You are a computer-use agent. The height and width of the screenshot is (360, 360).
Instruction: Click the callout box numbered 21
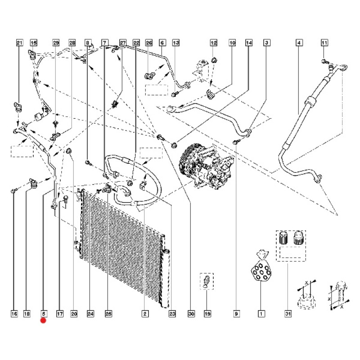point(20,43)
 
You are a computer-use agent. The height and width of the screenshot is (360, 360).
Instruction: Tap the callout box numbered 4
point(299,43)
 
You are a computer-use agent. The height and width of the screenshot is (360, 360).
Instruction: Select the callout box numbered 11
point(324,43)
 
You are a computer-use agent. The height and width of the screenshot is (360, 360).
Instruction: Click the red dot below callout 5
point(43,320)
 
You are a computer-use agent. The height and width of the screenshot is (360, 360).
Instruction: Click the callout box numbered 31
point(288,314)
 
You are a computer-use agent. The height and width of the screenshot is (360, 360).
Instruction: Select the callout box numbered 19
point(207,314)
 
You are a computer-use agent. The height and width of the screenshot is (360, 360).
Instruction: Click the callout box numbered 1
point(261,314)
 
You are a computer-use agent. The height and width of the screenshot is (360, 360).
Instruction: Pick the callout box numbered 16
point(14,314)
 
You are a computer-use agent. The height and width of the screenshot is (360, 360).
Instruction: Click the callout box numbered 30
point(191,314)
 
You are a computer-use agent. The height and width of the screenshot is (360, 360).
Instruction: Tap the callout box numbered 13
point(176,43)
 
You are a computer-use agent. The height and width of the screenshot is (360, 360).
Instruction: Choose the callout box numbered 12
point(213,43)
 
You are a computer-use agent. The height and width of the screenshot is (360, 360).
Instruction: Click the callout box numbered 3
point(266,43)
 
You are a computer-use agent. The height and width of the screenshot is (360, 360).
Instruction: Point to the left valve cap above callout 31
point(283,238)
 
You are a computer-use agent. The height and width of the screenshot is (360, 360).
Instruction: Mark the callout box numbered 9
point(236,314)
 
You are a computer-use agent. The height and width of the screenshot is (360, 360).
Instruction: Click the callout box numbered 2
point(145,314)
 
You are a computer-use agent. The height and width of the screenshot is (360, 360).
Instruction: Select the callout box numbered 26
point(149,43)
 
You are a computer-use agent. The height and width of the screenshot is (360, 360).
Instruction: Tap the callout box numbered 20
point(74,314)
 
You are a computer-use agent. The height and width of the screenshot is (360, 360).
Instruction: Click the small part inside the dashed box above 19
point(207,281)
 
